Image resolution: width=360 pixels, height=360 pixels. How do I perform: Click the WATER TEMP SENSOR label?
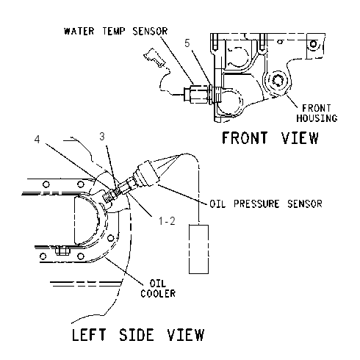[115, 32]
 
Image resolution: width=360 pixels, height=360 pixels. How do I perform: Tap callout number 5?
[187, 43]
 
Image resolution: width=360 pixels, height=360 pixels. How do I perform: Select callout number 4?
[37, 140]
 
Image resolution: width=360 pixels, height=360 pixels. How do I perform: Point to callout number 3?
[102, 137]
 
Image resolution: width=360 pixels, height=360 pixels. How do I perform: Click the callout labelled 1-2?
[167, 221]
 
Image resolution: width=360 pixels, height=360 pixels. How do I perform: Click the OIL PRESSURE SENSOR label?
[266, 204]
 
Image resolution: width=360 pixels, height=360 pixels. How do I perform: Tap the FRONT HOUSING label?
[317, 113]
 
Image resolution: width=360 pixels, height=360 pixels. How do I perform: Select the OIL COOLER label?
[158, 289]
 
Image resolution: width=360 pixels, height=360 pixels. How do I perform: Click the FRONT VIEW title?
[270, 137]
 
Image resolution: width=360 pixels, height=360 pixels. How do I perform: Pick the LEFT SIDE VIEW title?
[138, 335]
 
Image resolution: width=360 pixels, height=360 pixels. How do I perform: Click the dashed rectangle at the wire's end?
[198, 249]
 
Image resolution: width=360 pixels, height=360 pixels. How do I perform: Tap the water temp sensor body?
[198, 94]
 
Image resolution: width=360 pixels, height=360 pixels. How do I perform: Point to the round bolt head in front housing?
[278, 80]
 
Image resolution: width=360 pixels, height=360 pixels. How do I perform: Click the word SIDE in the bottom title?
[137, 335]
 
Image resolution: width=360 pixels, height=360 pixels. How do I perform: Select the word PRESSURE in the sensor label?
[256, 204]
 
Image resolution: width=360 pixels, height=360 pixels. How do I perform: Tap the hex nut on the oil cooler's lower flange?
[62, 251]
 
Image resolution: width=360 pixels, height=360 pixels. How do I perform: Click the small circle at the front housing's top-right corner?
[314, 44]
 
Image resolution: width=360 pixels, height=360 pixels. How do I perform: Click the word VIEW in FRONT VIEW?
[300, 137]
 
